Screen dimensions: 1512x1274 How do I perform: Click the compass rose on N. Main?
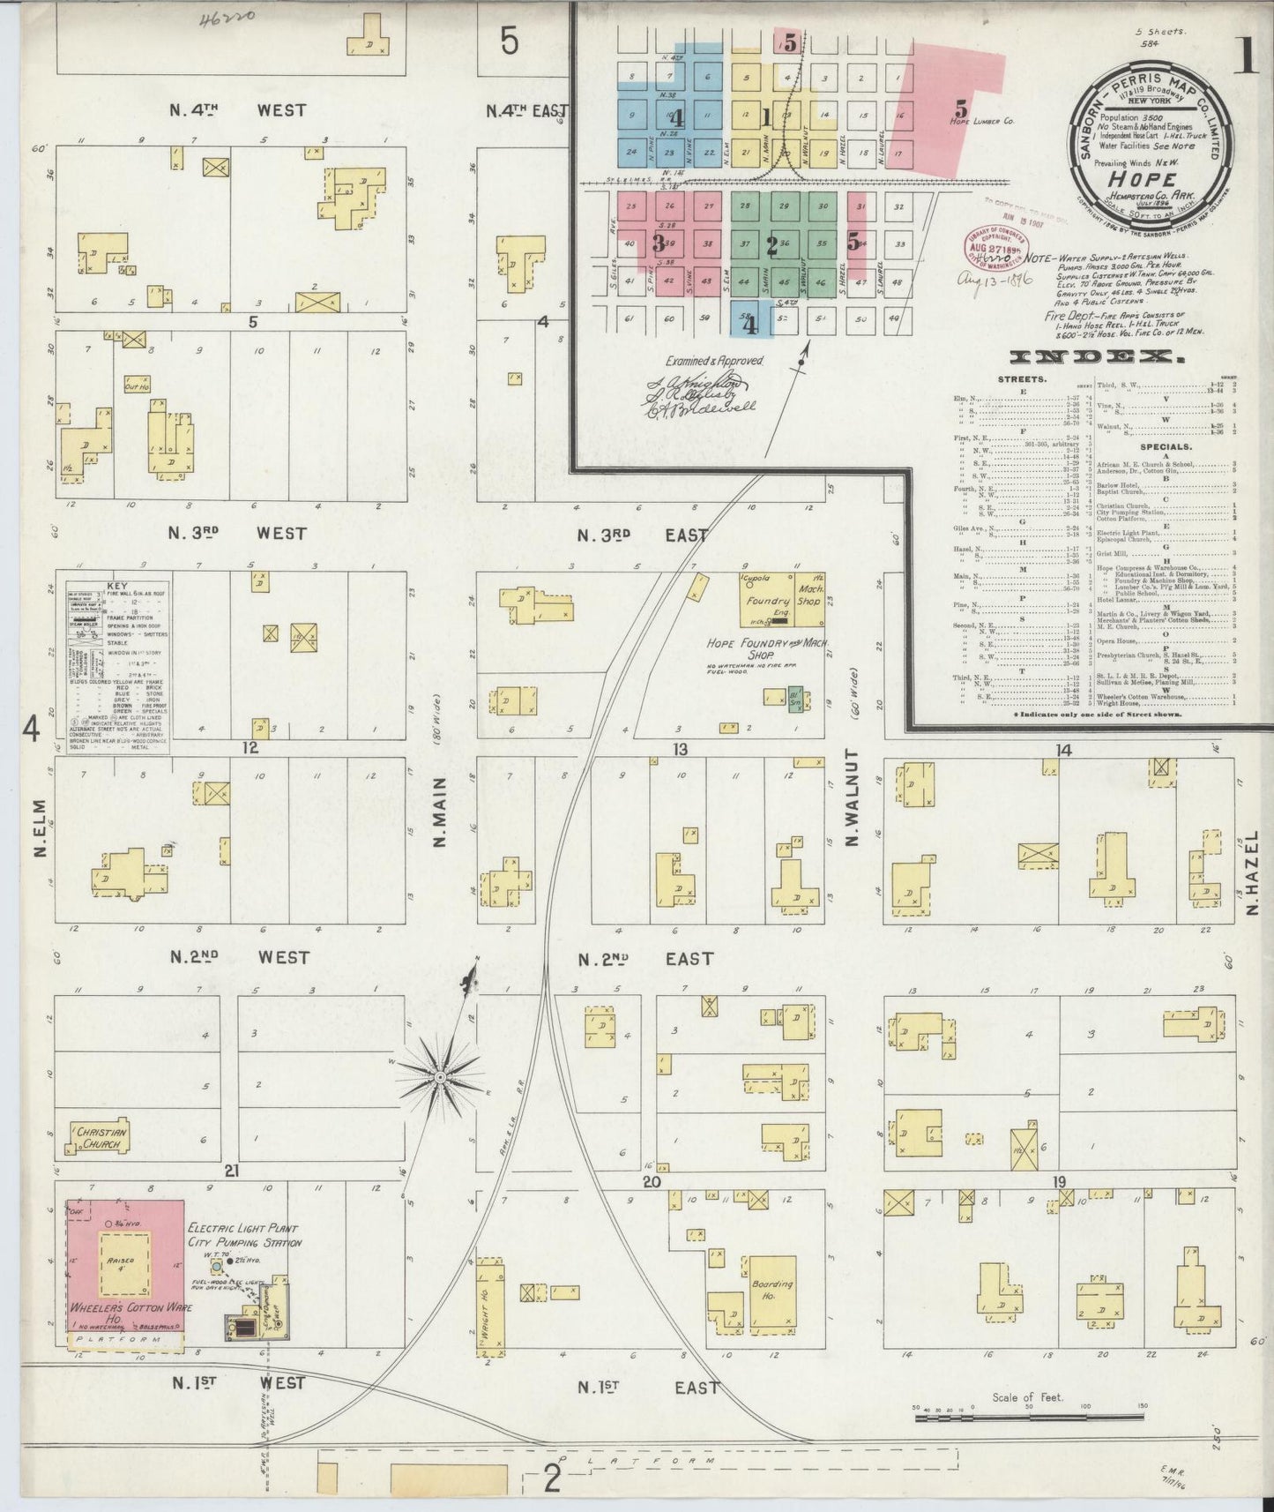(x=440, y=1077)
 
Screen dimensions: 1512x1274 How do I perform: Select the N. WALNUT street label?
(x=852, y=798)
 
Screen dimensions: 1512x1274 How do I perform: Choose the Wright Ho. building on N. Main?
(x=487, y=1306)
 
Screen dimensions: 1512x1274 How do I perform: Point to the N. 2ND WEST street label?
(x=239, y=957)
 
